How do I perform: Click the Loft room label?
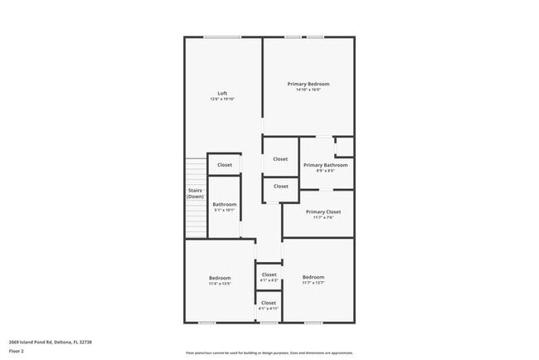[x=222, y=92]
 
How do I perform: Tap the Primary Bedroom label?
[x=308, y=84]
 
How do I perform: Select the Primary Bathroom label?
[x=325, y=165]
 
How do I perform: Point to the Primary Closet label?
[x=323, y=212]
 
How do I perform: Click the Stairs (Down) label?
[x=195, y=193]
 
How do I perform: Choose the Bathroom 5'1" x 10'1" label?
[x=224, y=204]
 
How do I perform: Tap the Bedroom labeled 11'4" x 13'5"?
[x=219, y=277]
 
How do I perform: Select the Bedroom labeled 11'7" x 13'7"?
[x=313, y=277]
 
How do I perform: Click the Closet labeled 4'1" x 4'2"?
[x=269, y=274]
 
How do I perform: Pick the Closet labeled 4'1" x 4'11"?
[x=269, y=303]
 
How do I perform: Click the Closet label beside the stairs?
[x=225, y=165]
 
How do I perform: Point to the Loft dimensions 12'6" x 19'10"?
[x=222, y=100]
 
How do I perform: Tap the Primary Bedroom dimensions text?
[x=308, y=90]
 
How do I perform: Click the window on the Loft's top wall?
[x=223, y=36]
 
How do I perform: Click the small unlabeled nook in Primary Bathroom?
[x=343, y=147]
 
